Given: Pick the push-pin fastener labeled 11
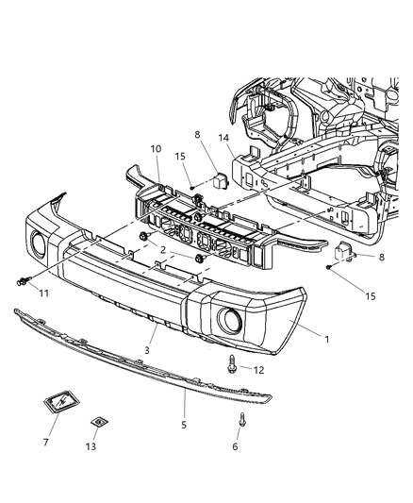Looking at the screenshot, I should pos(23,279).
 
